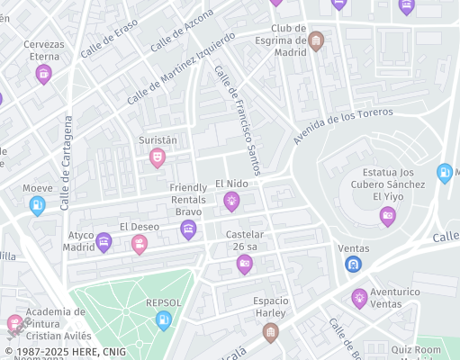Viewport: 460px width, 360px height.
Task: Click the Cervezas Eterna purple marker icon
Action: pos(43,75)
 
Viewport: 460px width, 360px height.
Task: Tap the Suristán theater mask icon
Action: pos(158,158)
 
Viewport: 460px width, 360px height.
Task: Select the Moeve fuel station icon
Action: pos(38,206)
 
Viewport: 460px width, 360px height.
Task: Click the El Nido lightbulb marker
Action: pos(231,201)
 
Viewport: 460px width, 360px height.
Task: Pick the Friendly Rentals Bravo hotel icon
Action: pos(188,229)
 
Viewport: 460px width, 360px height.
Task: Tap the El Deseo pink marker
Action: pos(140,244)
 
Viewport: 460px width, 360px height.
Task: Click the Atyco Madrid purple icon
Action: pos(104,241)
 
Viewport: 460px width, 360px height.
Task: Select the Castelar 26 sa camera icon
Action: pos(244,264)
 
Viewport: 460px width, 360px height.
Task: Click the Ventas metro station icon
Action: pos(354,265)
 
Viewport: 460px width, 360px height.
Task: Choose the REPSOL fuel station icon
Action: pos(163,319)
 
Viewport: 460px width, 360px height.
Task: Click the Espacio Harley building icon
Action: pos(270,333)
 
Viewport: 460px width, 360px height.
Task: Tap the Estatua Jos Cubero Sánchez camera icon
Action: pos(387,215)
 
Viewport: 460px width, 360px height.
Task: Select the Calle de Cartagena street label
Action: pos(66,163)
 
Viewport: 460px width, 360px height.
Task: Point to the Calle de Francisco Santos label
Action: pos(239,123)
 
